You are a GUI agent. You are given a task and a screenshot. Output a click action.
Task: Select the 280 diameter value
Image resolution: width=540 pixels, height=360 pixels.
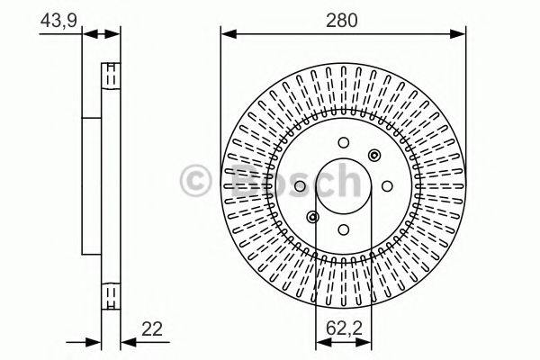pos(343,20)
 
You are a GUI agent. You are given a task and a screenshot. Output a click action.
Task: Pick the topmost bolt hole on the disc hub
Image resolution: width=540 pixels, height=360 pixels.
pos(343,142)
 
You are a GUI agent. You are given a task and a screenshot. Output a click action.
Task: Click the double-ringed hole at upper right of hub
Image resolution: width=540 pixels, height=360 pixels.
pos(373,155)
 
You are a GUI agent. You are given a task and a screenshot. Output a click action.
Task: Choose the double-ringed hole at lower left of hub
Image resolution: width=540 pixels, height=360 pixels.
pos(312,217)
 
